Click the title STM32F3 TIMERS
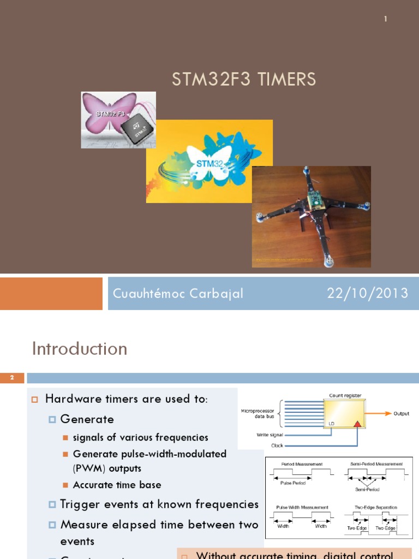[x=244, y=80]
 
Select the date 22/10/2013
[x=367, y=294]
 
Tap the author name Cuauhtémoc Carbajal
[x=178, y=294]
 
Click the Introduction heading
[x=80, y=349]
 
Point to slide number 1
[x=385, y=19]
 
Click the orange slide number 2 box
[x=13, y=378]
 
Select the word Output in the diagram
[x=401, y=414]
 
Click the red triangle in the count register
[x=357, y=424]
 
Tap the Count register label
[x=345, y=395]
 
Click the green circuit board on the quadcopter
[x=315, y=201]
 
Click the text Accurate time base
[x=117, y=485]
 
